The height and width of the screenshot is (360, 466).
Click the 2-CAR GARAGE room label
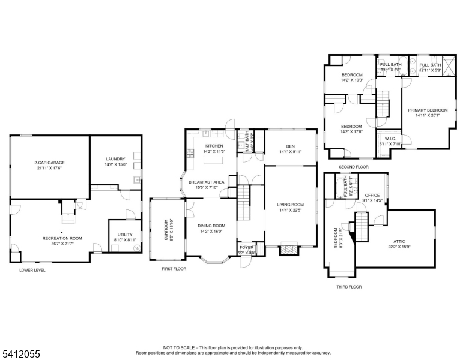(x=49, y=163)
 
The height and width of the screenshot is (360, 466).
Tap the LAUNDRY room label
(x=115, y=159)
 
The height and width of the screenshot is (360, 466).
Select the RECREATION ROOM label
(x=62, y=238)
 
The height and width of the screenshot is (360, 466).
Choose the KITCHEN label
(x=214, y=146)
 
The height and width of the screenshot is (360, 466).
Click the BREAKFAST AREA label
(x=206, y=182)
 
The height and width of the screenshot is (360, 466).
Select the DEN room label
(x=290, y=146)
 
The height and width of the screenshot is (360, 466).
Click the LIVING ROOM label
(x=290, y=205)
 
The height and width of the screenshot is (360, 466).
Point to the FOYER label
(x=246, y=247)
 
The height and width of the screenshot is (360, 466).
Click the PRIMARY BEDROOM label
(x=428, y=110)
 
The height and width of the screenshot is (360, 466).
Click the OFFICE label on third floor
(x=372, y=195)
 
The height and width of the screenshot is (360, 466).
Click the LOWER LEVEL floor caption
(x=32, y=270)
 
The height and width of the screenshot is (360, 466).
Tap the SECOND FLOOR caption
(x=353, y=167)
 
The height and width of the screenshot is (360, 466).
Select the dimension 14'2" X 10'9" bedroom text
(x=351, y=80)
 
